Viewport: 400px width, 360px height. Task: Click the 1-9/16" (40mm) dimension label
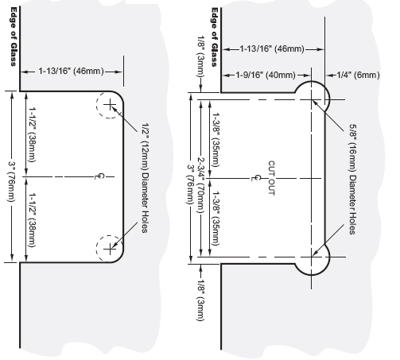[x=266, y=75]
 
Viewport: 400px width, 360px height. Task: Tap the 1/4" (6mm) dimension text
[x=358, y=75]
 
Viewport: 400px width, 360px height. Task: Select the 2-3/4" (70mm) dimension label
[x=201, y=185]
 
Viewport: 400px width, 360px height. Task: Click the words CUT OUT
[x=271, y=178]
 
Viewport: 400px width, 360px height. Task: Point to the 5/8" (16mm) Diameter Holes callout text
[x=352, y=180]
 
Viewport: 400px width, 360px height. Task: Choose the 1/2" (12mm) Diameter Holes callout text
[x=145, y=178]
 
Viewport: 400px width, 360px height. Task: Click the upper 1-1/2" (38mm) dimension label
[x=32, y=134]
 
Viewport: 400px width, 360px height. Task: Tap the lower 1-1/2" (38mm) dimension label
[x=32, y=220]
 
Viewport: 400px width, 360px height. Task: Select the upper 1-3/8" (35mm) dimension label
[x=216, y=140]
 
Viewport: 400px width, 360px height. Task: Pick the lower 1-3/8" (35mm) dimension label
[x=216, y=219]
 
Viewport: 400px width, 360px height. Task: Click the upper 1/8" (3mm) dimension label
[x=201, y=56]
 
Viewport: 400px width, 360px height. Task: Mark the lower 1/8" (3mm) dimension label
[x=201, y=300]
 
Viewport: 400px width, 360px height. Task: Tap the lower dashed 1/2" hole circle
[x=96, y=249]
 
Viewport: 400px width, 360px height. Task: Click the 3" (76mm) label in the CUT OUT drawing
[x=190, y=184]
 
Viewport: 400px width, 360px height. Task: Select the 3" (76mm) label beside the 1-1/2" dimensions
[x=11, y=181]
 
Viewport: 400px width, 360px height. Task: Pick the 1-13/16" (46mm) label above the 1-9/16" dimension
[x=272, y=49]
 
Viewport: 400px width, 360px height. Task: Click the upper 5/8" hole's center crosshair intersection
[x=312, y=100]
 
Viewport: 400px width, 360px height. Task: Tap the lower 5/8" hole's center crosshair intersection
[x=312, y=257]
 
